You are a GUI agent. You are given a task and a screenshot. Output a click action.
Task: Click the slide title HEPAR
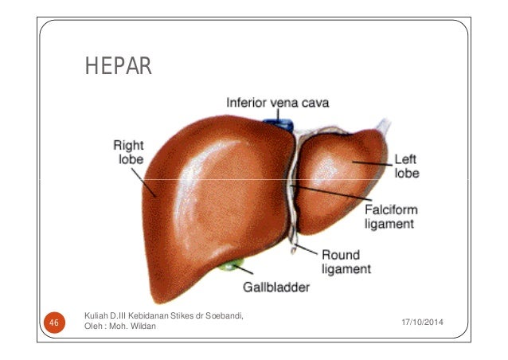(119, 66)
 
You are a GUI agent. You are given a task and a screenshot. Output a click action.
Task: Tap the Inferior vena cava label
(278, 103)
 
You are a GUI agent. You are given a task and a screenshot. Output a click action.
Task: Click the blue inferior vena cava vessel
(279, 124)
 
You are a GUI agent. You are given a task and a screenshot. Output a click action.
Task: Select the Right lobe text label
(129, 152)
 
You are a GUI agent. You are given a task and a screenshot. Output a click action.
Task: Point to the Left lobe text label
(407, 166)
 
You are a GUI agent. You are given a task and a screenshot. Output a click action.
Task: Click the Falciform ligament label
(391, 217)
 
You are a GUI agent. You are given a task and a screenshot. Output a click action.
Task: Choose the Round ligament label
(346, 262)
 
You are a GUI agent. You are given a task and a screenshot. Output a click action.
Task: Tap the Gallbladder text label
(276, 287)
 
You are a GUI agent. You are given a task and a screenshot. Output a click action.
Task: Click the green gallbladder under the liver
(231, 265)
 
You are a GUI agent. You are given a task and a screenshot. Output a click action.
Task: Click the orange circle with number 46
(54, 323)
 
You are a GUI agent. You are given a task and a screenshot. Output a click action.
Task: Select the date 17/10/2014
(422, 322)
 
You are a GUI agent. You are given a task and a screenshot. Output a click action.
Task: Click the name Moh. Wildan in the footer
(132, 326)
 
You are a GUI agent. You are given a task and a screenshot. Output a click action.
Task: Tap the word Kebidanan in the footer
(149, 315)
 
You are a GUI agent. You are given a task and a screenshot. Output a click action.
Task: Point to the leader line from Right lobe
(144, 182)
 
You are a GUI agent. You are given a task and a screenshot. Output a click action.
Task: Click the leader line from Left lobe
(373, 163)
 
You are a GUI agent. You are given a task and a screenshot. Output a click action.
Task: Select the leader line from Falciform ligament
(332, 193)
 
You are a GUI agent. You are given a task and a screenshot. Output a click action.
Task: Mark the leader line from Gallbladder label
(243, 269)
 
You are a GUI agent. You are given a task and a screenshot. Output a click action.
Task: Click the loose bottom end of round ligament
(293, 251)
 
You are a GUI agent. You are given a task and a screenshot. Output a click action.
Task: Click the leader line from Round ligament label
(307, 249)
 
